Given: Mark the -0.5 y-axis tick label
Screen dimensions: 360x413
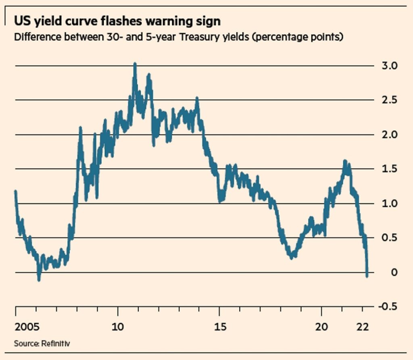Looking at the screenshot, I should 388,307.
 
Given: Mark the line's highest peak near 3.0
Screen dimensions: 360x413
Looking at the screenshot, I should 135,64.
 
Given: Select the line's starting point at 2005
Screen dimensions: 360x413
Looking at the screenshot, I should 15,191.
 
